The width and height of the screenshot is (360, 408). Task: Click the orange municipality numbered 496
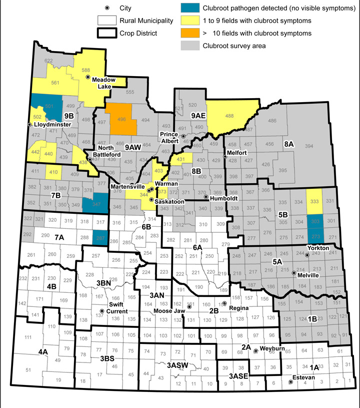coord(120,119)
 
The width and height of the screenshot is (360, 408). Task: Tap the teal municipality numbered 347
coord(89,203)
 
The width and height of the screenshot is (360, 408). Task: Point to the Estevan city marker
coord(291,383)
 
